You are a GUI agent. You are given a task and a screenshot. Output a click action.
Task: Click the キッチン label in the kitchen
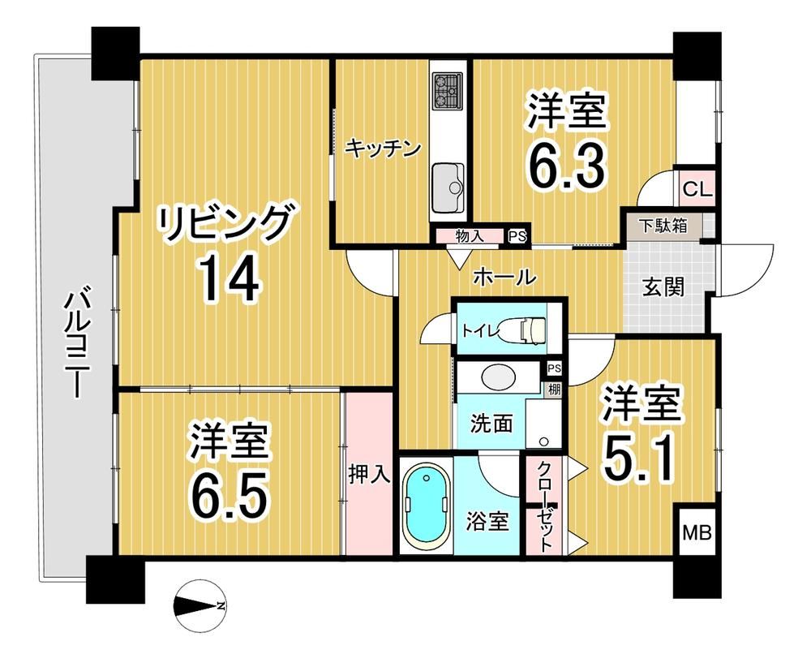pos(382,149)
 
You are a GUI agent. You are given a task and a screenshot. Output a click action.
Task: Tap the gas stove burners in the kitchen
pos(448,90)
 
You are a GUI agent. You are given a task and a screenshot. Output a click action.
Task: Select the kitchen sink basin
pos(448,188)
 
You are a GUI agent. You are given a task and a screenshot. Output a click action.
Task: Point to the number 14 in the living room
pos(230,280)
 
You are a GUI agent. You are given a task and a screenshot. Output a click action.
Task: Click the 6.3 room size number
pos(566,166)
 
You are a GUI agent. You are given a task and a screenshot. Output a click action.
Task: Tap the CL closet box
pos(697,188)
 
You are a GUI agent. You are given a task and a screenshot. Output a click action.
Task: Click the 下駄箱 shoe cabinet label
pos(663,226)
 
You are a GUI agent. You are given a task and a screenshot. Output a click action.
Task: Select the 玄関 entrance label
pos(663,286)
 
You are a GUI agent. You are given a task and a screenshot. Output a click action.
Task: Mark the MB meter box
pos(697,532)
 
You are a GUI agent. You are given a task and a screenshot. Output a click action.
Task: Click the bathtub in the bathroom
pos(427,505)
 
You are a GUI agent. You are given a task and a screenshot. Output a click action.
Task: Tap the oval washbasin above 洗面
pos(498,377)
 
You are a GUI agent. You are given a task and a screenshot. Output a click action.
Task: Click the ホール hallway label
pos(504,278)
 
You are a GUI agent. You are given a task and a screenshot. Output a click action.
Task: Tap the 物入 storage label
pos(470,236)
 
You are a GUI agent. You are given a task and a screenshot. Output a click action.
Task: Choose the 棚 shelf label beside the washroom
pos(554,390)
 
